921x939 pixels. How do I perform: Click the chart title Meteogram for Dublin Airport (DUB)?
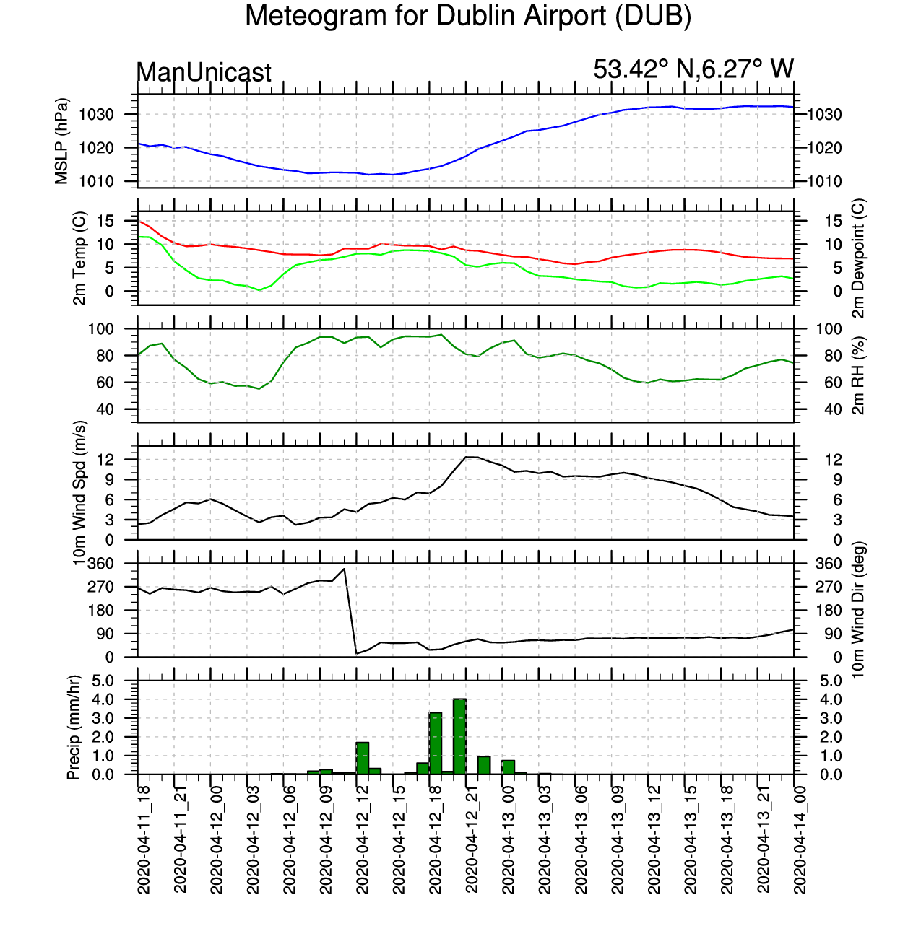pos(468,16)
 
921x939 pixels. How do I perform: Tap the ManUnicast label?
pos(204,72)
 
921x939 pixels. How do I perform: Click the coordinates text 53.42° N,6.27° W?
pos(693,69)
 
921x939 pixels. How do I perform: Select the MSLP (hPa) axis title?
pos(62,141)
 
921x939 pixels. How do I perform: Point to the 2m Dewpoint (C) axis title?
pos(859,258)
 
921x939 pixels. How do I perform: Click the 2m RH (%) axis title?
pos(859,375)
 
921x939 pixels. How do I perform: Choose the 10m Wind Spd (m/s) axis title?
pos(79,493)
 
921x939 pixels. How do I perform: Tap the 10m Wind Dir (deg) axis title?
pos(859,610)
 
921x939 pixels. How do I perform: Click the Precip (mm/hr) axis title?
pos(73,728)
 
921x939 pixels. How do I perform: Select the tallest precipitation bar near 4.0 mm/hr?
pos(459,736)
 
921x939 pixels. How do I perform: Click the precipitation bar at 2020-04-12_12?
pos(363,759)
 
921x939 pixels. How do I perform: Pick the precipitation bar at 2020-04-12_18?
pos(436,743)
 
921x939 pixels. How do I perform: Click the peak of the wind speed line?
pos(467,457)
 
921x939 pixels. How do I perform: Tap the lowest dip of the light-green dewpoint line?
pos(259,290)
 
